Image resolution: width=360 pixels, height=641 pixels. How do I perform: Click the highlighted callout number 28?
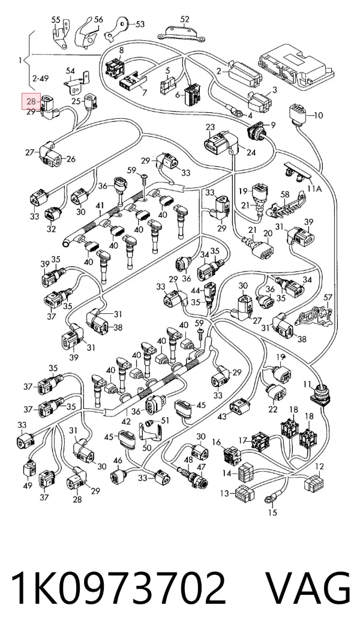(32, 101)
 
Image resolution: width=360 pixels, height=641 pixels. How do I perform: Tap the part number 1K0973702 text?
(119, 588)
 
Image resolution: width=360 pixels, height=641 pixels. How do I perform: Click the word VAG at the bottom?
(308, 588)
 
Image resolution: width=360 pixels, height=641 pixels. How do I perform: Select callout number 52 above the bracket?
(185, 19)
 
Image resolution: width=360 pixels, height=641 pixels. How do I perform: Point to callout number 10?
(318, 115)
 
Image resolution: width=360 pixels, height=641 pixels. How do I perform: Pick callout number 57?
(328, 297)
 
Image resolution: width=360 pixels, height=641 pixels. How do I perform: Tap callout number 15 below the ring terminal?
(272, 512)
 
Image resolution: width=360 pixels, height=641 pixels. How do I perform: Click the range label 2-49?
(40, 78)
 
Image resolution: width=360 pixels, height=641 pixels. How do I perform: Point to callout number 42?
(126, 422)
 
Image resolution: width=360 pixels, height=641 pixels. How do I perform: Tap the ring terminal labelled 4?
(235, 110)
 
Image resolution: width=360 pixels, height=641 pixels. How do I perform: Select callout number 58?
(285, 194)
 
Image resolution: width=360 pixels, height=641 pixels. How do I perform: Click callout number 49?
(28, 486)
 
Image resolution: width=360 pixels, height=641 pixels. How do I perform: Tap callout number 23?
(210, 127)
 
